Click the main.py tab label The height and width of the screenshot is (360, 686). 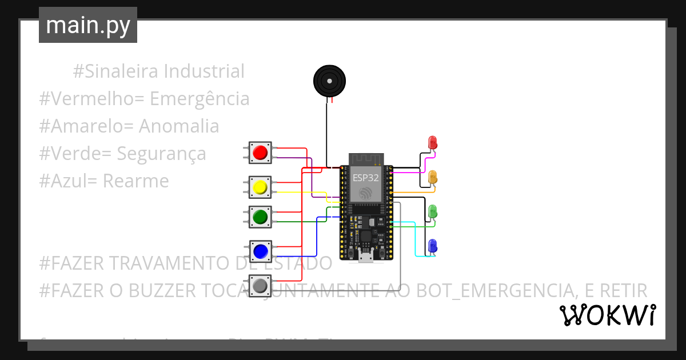tap(87, 25)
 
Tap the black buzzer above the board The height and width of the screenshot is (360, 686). tap(330, 81)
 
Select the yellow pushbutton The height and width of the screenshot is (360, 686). tap(260, 187)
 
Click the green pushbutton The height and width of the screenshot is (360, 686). tap(260, 217)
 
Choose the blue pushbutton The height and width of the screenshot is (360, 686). tap(260, 251)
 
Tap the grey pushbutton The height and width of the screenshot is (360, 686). tap(260, 285)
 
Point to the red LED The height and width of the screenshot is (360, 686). tap(432, 142)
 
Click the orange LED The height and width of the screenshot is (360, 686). tap(433, 177)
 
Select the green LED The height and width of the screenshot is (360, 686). tap(433, 211)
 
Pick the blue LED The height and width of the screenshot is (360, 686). tap(433, 245)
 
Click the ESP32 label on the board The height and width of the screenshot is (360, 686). tap(365, 177)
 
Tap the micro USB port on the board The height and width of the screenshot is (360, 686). tap(366, 258)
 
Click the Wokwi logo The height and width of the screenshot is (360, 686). tap(607, 315)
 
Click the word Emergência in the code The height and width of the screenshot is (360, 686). tap(200, 99)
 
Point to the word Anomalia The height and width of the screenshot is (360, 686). tap(179, 126)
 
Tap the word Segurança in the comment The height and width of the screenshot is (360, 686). tap(161, 154)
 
